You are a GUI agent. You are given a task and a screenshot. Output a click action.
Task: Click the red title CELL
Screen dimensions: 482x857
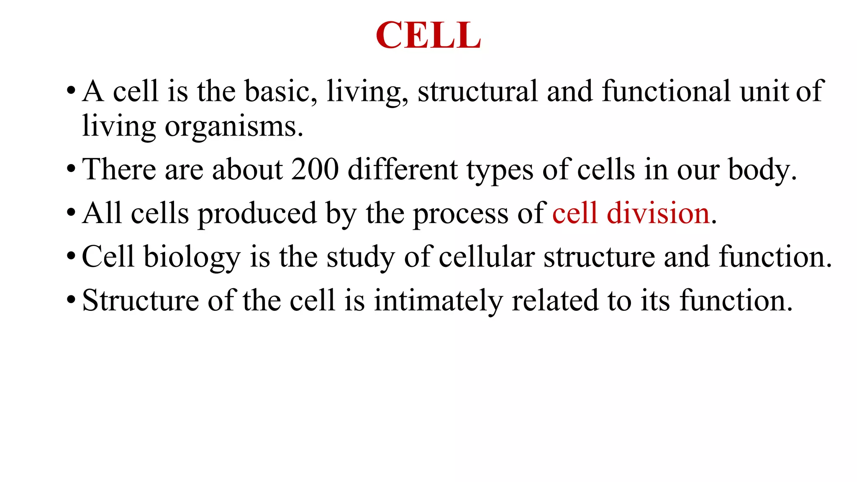428,35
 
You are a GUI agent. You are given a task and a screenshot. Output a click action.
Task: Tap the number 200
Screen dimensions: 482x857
315,169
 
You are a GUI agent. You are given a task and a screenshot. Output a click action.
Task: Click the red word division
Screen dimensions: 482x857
658,213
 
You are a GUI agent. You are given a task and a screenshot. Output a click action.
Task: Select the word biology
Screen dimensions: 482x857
192,257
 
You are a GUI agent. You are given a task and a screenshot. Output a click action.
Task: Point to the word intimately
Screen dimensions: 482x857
438,300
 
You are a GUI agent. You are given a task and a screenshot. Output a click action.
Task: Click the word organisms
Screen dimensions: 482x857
233,126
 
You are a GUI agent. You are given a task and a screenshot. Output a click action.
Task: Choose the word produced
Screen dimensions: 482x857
257,213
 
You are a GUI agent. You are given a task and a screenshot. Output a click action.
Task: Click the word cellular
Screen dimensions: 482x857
487,257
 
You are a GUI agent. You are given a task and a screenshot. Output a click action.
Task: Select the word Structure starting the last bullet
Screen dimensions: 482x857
140,300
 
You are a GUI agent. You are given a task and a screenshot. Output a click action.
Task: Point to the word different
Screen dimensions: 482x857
403,169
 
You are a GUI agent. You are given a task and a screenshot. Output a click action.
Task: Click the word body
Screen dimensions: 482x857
762,170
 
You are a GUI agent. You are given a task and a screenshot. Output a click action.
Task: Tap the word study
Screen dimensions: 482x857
360,257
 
